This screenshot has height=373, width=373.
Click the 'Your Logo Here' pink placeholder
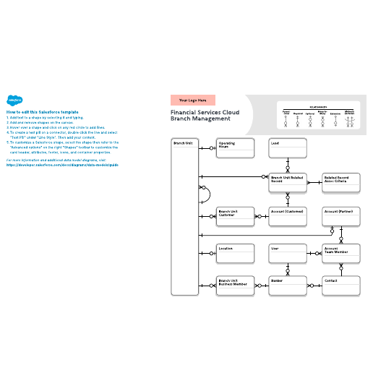(193, 100)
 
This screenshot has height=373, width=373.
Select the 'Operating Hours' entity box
(236, 147)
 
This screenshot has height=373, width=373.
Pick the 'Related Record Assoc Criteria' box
(340, 182)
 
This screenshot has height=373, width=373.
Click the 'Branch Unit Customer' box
(236, 217)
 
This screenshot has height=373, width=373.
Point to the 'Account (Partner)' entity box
(340, 217)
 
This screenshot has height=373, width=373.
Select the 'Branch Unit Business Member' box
(236, 285)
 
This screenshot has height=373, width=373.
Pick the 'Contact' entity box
(340, 285)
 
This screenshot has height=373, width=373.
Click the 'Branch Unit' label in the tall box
(183, 143)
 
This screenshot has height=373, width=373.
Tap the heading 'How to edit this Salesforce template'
(42, 113)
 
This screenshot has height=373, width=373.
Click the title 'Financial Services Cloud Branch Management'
(205, 117)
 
